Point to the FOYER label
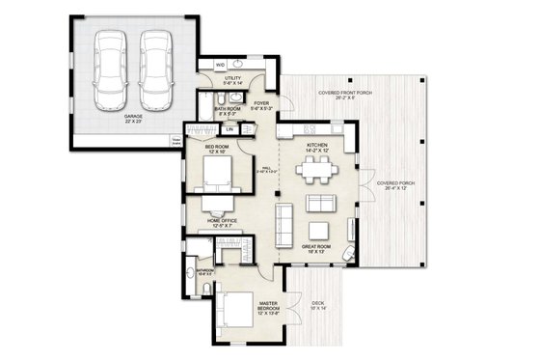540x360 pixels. tap(259, 104)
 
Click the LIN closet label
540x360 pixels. tap(229, 129)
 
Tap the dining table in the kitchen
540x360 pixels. tap(313, 172)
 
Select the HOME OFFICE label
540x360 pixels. tap(222, 221)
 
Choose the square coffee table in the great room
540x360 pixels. tap(317, 203)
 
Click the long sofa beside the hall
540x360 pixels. tap(284, 224)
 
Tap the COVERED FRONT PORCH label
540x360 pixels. tap(337, 93)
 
